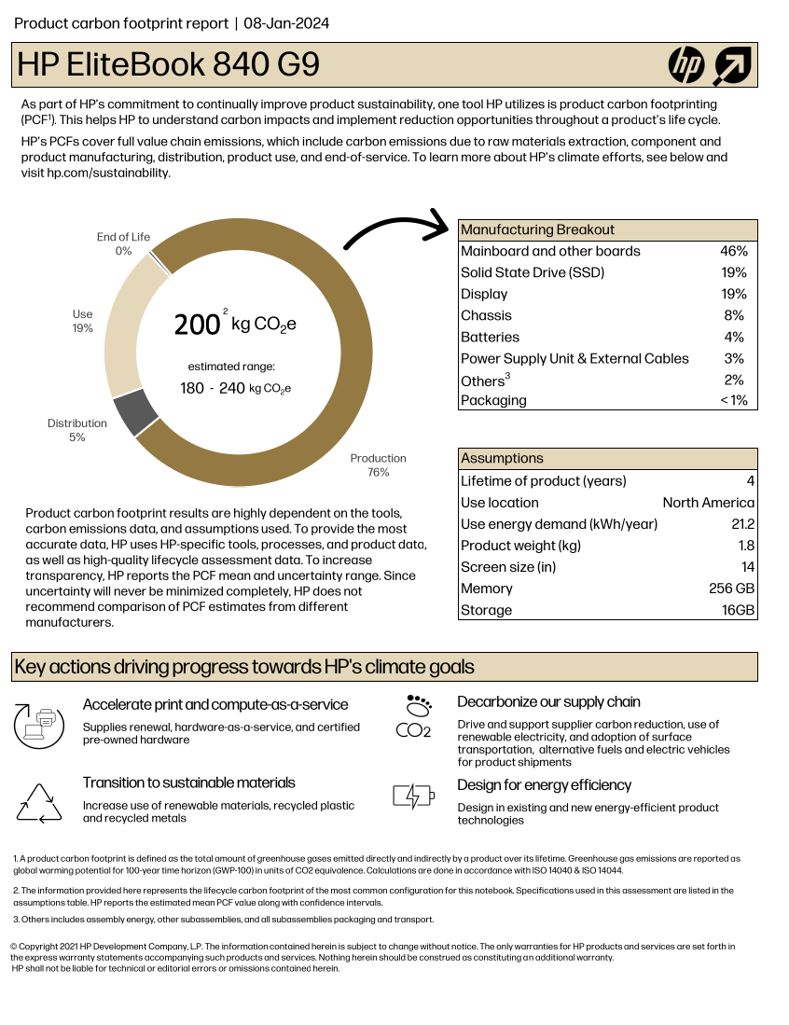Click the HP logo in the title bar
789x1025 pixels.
[x=686, y=64]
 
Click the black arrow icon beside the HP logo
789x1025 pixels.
[x=732, y=64]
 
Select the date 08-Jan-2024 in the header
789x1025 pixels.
[x=286, y=23]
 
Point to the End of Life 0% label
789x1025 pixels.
[x=123, y=244]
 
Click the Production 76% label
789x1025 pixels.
[x=378, y=465]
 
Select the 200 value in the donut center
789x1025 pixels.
[x=196, y=325]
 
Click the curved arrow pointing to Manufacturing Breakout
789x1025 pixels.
[x=396, y=230]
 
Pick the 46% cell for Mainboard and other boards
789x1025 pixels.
[x=733, y=251]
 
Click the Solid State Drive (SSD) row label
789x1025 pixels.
[x=533, y=272]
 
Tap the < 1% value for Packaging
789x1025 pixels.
[x=733, y=400]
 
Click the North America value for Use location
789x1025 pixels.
[x=708, y=503]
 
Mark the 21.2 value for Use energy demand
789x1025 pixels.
[x=742, y=524]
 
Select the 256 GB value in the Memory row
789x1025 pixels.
[x=731, y=589]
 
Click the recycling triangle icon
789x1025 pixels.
[x=39, y=802]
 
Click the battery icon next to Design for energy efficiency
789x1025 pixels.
[x=413, y=796]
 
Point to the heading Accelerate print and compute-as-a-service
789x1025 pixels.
[x=215, y=705]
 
